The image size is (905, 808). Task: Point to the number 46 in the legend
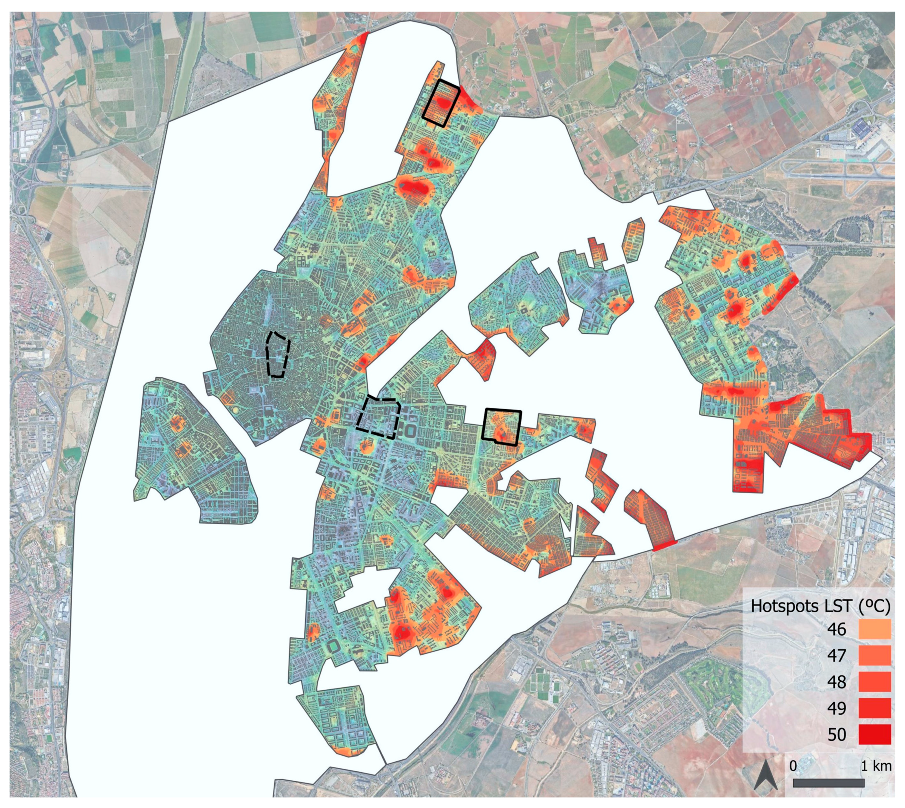tap(837, 630)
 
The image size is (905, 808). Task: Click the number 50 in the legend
tap(837, 734)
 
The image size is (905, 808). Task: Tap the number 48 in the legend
tap(837, 682)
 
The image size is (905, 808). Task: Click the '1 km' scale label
tap(876, 766)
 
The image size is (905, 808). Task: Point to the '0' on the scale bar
tap(794, 766)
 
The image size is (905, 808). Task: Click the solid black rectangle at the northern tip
tap(441, 103)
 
